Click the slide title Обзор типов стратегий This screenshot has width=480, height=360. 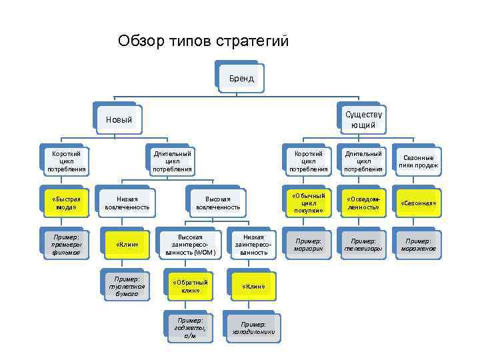pos(203,41)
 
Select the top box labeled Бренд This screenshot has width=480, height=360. pos(241,78)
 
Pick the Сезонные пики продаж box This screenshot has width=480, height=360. pos(418,161)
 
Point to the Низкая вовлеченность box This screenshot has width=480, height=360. pos(127,203)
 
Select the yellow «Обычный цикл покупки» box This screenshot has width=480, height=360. pos(308,203)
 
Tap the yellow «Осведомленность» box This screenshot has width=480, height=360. pos(363,203)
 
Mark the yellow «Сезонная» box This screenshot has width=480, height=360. pos(418,203)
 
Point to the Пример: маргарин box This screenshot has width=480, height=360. pos(308,244)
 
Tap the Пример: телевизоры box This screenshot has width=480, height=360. pos(363,244)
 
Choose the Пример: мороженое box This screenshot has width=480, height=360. pos(418,244)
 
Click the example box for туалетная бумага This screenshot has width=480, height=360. pos(127,285)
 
